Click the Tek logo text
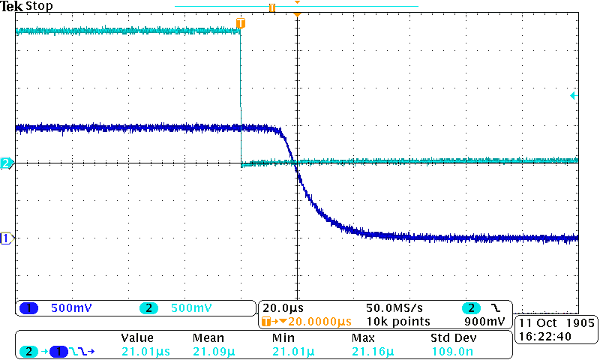12,6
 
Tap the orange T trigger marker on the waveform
240,24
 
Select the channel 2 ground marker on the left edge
6,163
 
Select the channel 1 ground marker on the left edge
6,238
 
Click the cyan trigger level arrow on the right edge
573,95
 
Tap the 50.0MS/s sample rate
394,308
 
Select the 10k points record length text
398,322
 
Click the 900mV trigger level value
486,322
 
